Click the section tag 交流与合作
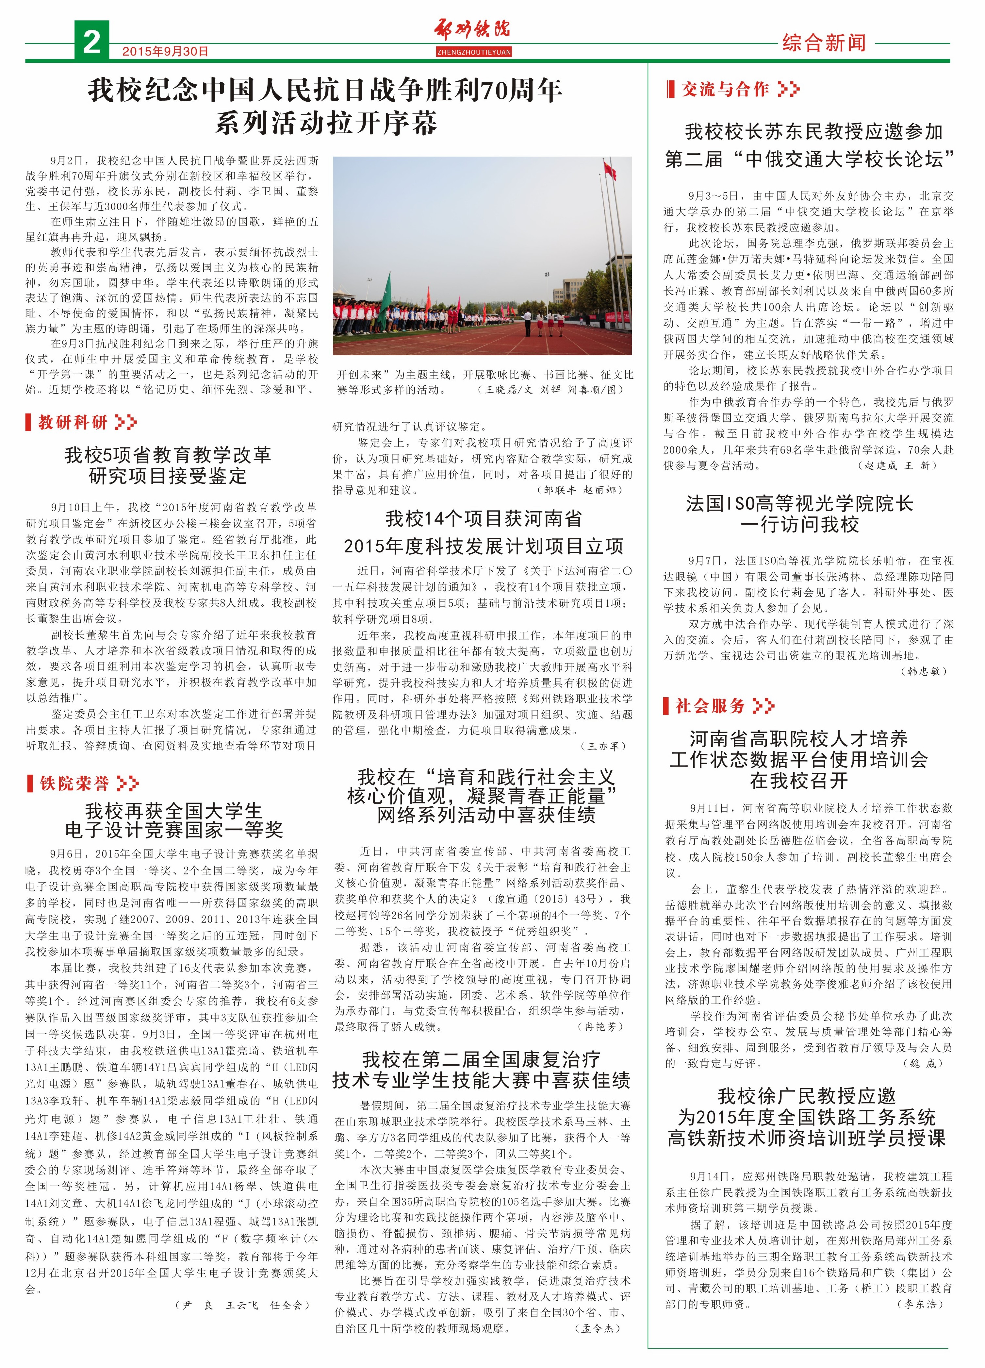[725, 90]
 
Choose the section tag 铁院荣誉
[75, 784]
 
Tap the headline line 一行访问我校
[799, 524]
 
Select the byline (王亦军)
[603, 746]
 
